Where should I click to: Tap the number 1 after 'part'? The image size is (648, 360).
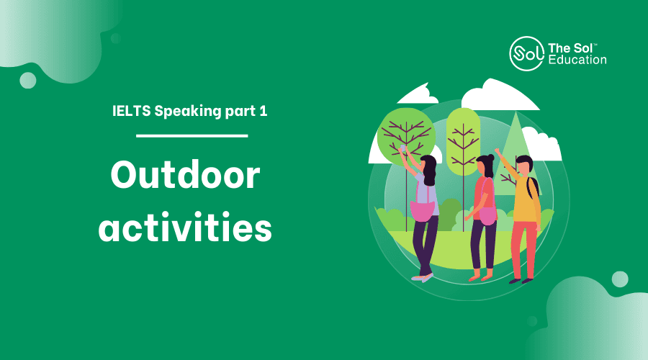264,111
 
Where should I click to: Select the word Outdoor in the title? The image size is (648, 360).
185,175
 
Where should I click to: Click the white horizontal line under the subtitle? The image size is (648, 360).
192,135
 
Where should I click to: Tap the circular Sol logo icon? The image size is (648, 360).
526,54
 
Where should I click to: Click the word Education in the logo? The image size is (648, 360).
577,60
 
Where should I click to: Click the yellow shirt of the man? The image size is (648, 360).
525,199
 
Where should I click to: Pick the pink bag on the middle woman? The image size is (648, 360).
488,215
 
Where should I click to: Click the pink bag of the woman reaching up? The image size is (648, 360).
423,210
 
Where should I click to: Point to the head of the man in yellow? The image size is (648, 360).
524,166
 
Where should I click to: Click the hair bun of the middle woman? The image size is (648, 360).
490,157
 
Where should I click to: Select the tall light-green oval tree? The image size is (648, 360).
463,140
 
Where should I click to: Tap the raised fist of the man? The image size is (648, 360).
497,151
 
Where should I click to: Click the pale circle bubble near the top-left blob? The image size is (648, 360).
27,80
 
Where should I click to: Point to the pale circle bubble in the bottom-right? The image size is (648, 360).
619,279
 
